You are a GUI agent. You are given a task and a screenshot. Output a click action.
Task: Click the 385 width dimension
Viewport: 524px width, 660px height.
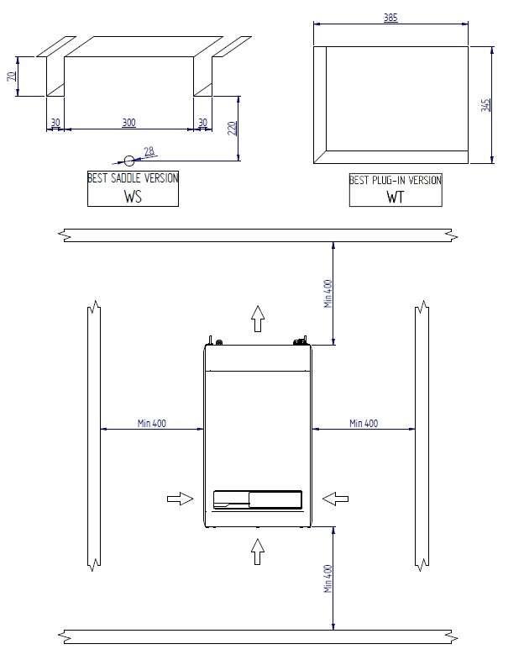click(390, 18)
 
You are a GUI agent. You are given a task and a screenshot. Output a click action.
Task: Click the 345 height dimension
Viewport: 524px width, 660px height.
click(485, 105)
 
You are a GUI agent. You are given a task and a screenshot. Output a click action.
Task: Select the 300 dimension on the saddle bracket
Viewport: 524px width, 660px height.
click(128, 123)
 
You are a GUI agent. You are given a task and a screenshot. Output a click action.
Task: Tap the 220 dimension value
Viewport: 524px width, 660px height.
click(232, 128)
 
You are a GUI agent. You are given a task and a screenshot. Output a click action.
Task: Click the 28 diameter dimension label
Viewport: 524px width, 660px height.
click(149, 151)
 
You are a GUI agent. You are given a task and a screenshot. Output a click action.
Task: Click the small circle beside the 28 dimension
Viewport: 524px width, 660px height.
click(128, 160)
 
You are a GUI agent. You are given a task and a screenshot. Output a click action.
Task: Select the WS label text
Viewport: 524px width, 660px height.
click(133, 196)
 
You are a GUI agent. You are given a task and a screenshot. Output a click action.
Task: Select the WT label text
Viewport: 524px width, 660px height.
click(395, 198)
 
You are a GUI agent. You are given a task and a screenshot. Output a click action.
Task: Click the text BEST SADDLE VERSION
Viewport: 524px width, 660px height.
click(133, 178)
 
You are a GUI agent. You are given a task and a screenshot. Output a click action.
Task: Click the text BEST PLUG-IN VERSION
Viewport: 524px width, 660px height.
click(395, 180)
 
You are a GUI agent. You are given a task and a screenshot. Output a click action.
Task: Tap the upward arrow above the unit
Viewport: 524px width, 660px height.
click(258, 319)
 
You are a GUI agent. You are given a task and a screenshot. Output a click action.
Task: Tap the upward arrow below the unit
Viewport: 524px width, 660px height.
click(258, 552)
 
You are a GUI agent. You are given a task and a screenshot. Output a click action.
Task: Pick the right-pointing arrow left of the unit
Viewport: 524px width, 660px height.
click(180, 499)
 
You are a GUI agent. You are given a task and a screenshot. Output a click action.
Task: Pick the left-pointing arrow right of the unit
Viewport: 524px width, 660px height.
click(336, 499)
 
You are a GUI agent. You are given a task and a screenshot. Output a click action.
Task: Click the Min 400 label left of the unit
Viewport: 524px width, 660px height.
click(152, 423)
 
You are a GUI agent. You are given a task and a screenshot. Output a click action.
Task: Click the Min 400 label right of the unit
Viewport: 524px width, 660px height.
click(364, 423)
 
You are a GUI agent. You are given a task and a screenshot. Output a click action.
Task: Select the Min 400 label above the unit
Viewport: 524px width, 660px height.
click(328, 293)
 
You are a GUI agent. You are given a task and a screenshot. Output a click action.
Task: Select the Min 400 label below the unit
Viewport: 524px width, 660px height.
click(328, 578)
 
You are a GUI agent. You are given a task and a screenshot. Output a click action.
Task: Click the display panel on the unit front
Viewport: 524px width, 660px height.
click(257, 500)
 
